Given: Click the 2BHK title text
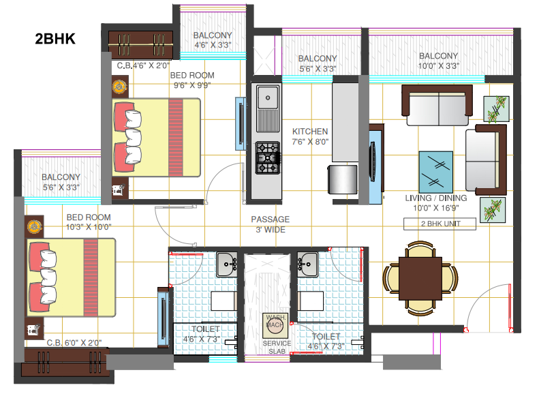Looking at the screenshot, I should coord(55,39).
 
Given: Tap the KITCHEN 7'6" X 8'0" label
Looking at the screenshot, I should coord(310,137).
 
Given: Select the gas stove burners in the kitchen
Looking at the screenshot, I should coord(267,158).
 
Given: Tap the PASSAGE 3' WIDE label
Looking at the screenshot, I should coord(270,224).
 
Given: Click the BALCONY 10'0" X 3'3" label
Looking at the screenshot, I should coord(438,61).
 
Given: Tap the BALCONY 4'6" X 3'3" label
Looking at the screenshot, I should coord(212,40).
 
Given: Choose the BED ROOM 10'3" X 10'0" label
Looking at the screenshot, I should coord(88,222).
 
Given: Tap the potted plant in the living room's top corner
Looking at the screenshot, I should coord(496,108).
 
